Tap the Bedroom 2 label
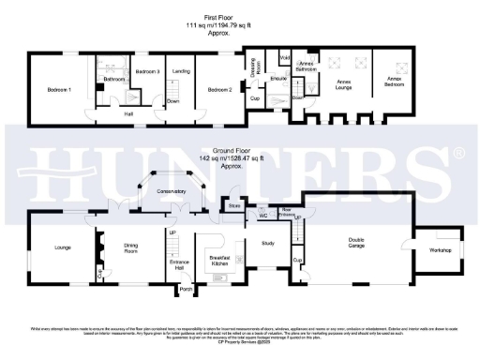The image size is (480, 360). point(220,90)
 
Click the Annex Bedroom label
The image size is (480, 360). point(393,82)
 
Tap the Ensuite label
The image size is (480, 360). point(278,79)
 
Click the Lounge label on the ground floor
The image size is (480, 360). point(64,247)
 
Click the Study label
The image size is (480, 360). point(266,247)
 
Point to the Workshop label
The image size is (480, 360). point(440,250)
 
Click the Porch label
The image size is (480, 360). point(186,290)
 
